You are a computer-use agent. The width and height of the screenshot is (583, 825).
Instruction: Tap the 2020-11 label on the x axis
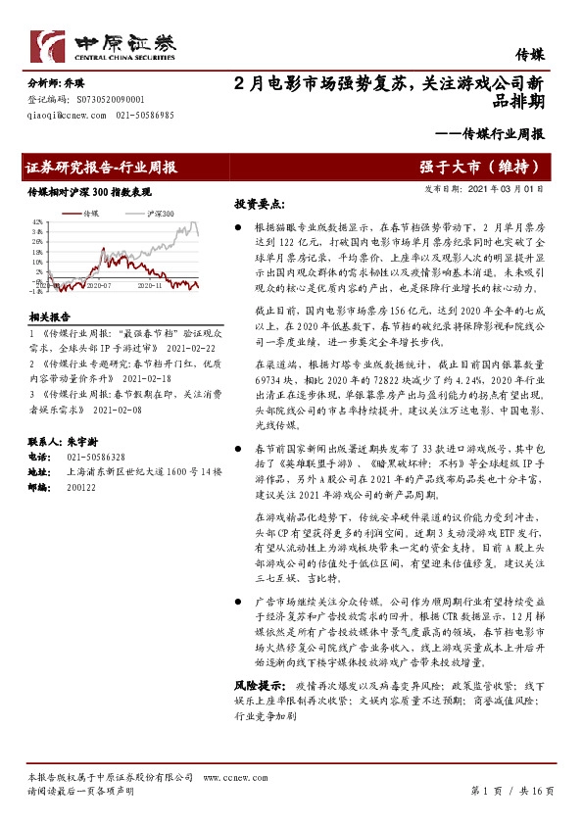[x=150, y=287]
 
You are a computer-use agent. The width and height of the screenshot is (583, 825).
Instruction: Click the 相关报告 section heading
[x=50, y=317]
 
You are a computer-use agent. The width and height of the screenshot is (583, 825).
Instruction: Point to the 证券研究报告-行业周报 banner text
[x=101, y=167]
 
